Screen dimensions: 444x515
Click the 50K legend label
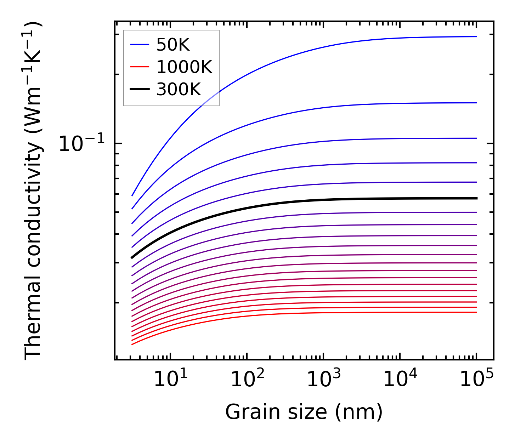[173, 45]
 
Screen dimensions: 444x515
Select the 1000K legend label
[184, 67]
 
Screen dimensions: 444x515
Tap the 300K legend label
[179, 90]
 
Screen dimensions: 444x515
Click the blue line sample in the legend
[140, 45]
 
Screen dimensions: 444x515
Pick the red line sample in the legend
[140, 67]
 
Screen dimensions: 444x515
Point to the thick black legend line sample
[140, 89]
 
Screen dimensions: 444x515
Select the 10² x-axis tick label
[247, 380]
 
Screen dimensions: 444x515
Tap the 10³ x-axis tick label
[323, 380]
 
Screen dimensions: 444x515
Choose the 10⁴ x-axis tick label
[400, 380]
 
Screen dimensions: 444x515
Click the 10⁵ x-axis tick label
[476, 380]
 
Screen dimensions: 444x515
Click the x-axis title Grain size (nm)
[304, 412]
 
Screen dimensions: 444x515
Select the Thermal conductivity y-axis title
[33, 191]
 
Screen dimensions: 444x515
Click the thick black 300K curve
[283, 203]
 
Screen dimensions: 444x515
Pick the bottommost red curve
[283, 313]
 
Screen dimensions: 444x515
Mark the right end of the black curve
[476, 198]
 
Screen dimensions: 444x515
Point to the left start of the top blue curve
[132, 195]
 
